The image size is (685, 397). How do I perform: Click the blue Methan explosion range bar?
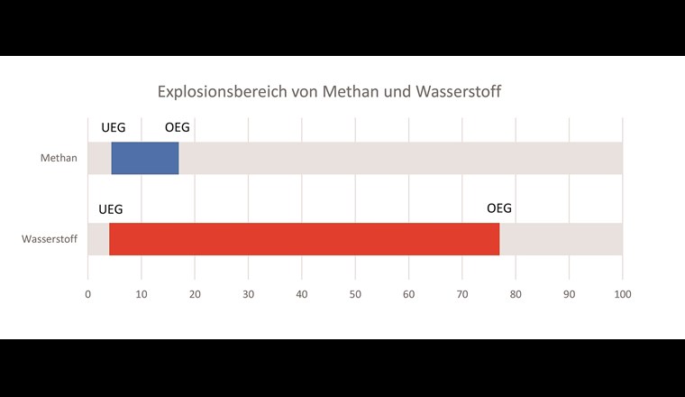pos(145,158)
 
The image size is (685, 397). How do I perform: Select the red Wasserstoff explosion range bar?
pos(304,239)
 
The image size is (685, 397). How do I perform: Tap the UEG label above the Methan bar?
pos(114,127)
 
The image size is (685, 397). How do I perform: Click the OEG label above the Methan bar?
pos(178,127)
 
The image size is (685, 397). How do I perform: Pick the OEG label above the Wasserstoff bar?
pos(499,208)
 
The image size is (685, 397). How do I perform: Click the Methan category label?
pos(59,159)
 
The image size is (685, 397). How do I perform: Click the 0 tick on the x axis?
pos(87,293)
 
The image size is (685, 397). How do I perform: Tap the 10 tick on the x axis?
pos(141,293)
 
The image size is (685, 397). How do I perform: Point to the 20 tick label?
pos(195,293)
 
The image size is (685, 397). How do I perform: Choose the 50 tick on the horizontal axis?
pos(355,293)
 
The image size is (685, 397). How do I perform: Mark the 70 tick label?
pos(462,293)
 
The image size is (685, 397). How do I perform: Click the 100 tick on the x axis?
pos(623,293)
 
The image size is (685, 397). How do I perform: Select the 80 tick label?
pos(516,293)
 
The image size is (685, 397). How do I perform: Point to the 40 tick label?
pos(302,293)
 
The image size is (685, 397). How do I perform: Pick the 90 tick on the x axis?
pos(570,293)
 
